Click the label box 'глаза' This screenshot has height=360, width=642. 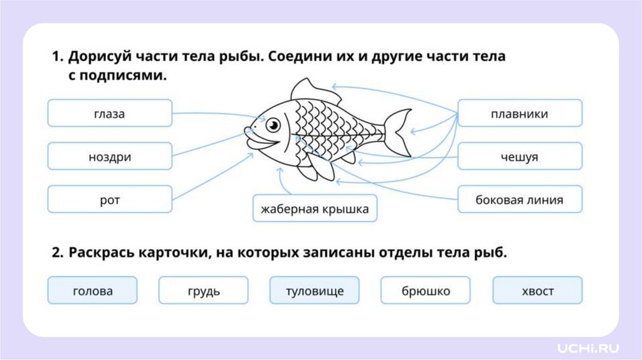point(110,114)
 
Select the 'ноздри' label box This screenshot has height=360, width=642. point(110,157)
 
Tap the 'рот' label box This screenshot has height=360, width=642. point(110,200)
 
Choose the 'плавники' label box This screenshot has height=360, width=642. point(520,114)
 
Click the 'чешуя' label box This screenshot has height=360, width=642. point(520,157)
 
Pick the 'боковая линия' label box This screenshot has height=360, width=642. point(520,200)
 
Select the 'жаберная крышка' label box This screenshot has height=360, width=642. point(315,209)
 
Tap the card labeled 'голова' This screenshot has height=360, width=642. point(92,291)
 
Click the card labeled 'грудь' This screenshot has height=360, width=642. point(203,291)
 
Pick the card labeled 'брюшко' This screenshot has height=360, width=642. point(426,291)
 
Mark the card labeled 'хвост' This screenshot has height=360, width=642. point(537,291)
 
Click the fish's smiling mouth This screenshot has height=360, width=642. point(263,144)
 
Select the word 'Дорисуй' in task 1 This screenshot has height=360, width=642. point(99,57)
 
